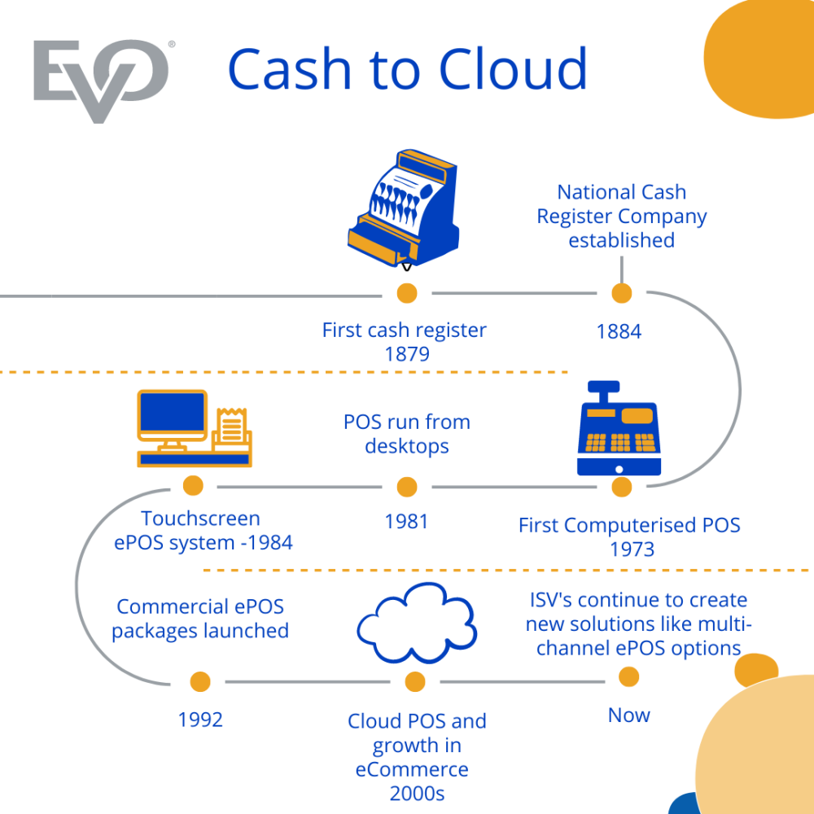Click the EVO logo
click(101, 80)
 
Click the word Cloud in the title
click(505, 69)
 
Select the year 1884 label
click(619, 331)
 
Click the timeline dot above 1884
click(621, 293)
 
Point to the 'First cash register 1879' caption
click(405, 342)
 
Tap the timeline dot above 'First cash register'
click(406, 293)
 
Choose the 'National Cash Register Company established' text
click(621, 216)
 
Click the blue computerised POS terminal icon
click(619, 430)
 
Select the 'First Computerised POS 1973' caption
click(629, 536)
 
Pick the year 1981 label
click(406, 521)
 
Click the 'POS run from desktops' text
click(406, 434)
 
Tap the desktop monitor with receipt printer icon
click(194, 428)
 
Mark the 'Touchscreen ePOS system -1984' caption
click(202, 531)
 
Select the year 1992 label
click(200, 720)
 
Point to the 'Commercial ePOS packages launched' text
click(200, 619)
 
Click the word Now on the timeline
click(629, 716)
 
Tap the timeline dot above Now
click(628, 676)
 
